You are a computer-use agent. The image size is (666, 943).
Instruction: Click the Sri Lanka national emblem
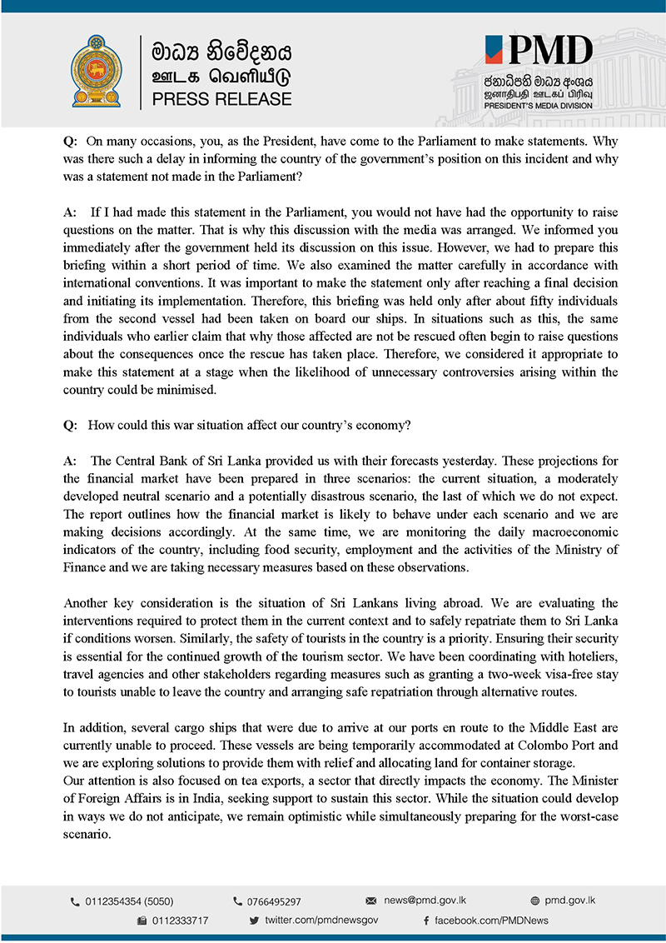[101, 71]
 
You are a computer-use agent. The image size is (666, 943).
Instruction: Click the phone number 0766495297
[274, 901]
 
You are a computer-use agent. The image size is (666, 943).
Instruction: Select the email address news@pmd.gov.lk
[425, 901]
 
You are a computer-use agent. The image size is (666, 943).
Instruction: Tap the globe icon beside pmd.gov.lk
[534, 901]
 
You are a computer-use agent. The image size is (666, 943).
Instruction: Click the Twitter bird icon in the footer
[254, 921]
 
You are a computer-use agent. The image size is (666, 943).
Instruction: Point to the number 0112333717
[180, 921]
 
